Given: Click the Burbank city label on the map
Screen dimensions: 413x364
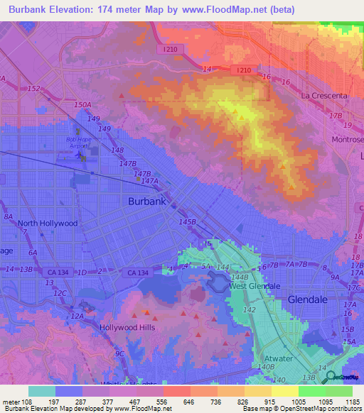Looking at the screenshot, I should pos(147,202).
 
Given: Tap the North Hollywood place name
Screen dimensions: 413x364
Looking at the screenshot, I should pos(47,223).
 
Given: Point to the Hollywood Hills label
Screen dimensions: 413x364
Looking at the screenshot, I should pos(127,328).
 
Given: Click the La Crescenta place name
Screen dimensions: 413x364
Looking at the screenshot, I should pos(324,95).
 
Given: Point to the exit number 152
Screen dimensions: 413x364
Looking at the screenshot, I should pos(34,88).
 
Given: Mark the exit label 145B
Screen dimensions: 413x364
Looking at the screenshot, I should pos(187,222).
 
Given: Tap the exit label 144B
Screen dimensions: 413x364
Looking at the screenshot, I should pos(240,276).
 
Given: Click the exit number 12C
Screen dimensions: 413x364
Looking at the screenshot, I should pos(61,293).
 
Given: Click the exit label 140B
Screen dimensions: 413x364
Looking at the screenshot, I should pos(266,368).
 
